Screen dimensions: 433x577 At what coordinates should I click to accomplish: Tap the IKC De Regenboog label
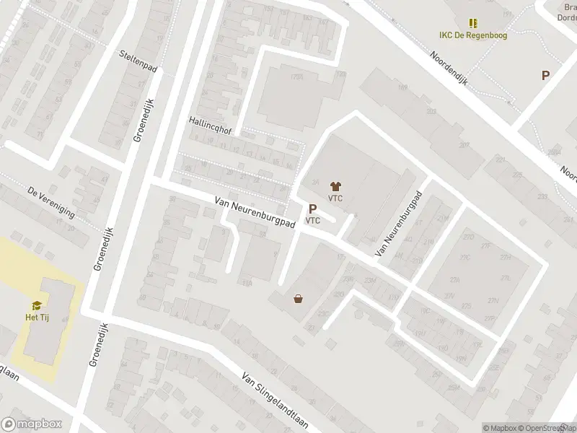472,35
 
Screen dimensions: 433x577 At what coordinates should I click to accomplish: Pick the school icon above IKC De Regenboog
473,23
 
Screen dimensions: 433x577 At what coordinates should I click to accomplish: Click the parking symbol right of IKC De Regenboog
546,75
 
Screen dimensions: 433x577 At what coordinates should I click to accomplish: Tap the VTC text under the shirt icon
335,198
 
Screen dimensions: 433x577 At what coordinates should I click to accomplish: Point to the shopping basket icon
298,297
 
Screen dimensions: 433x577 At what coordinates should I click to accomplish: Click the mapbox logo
31,424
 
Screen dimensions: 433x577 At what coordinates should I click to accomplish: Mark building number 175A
276,76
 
